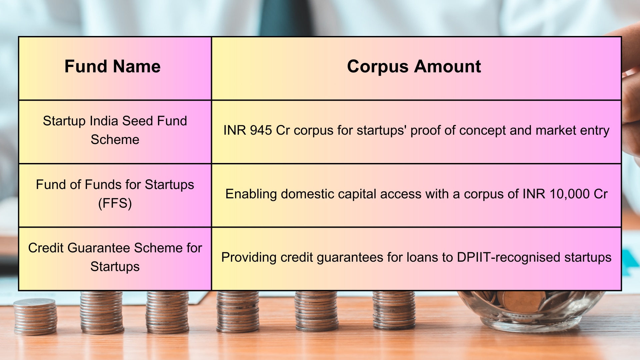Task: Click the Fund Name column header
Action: click(x=112, y=66)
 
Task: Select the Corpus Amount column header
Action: click(x=414, y=66)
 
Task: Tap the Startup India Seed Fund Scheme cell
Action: click(x=115, y=130)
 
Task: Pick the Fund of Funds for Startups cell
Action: click(x=115, y=194)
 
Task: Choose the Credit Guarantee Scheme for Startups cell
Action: click(x=115, y=257)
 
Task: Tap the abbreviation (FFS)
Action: click(x=115, y=203)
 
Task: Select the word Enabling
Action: click(x=251, y=194)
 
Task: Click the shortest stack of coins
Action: click(x=35, y=317)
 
